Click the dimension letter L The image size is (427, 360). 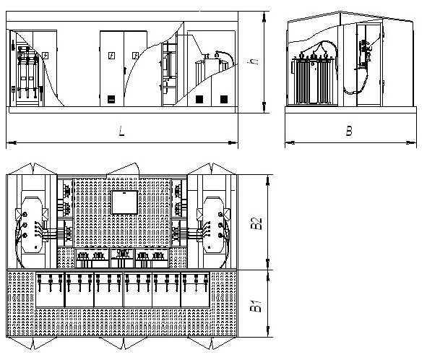[121, 131]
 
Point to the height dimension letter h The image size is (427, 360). [254, 61]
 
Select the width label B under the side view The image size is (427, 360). [349, 131]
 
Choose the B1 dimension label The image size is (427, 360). [256, 306]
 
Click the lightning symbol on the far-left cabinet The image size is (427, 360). [46, 56]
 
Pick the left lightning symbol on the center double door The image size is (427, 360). [111, 56]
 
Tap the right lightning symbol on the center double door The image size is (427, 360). [135, 56]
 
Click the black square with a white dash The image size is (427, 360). [111, 100]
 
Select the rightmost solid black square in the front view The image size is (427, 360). [224, 100]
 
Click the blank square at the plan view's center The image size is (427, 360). [124, 202]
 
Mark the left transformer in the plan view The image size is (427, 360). [32, 225]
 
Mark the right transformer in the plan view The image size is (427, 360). [213, 225]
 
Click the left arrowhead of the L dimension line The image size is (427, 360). [11, 142]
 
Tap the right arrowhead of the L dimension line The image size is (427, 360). [233, 142]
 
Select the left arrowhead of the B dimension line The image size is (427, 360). [290, 142]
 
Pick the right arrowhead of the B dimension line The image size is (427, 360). [411, 142]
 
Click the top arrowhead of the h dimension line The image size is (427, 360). [264, 17]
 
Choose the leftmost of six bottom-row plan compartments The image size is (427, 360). [50, 289]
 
